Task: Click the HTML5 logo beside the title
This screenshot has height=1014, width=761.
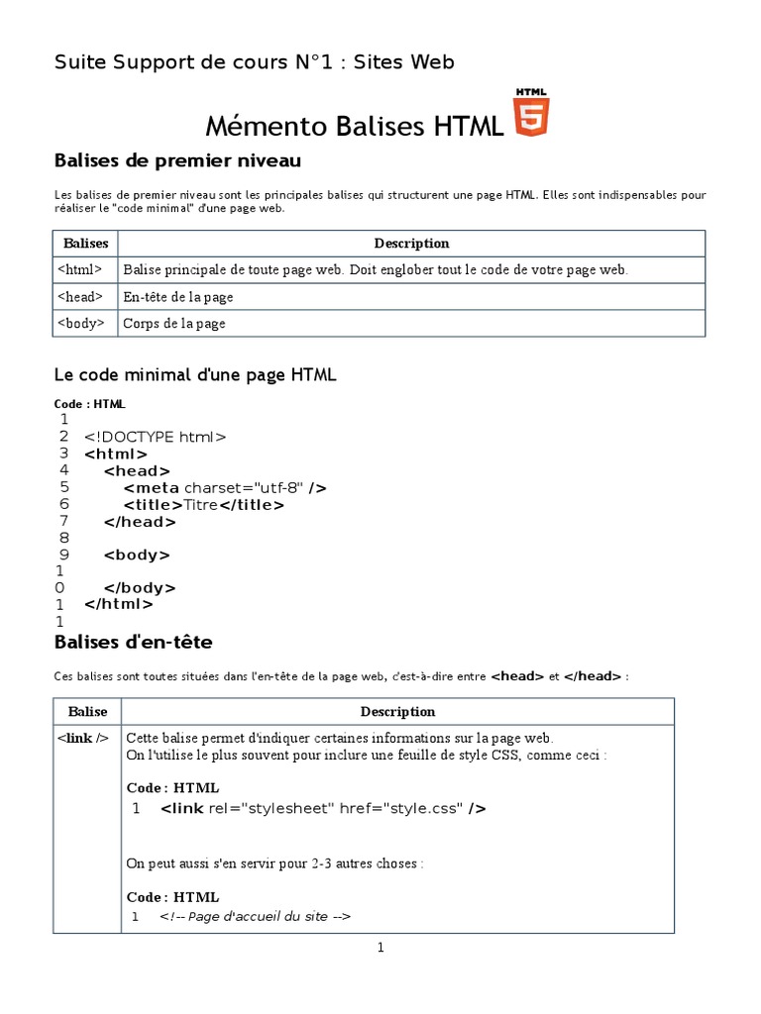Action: (x=530, y=113)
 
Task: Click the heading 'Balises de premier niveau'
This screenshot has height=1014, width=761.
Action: (x=177, y=160)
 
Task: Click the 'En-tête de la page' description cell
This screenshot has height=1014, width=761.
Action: (x=178, y=296)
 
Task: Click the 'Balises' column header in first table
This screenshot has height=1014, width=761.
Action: (x=85, y=243)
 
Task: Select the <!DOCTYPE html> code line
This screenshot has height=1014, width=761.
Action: (x=156, y=437)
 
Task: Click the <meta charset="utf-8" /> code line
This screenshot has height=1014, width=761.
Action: (x=225, y=487)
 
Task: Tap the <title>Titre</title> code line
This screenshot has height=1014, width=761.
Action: (x=204, y=504)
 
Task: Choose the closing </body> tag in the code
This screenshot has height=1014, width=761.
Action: (x=140, y=587)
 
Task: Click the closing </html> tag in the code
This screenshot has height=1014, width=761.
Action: (x=119, y=603)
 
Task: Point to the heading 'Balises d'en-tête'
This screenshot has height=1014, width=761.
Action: (x=133, y=643)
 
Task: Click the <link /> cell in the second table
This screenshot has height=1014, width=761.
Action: (x=84, y=738)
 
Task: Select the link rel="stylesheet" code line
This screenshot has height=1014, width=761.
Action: (x=323, y=808)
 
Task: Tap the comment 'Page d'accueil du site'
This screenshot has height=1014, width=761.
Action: (x=256, y=916)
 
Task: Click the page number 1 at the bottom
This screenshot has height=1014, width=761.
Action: (x=380, y=948)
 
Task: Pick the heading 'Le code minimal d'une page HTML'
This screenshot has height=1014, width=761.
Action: (x=195, y=375)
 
